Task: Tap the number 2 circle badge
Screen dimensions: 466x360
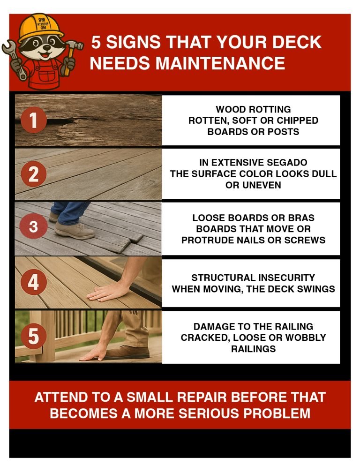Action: (x=33, y=174)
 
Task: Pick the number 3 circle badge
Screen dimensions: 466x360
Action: (x=33, y=227)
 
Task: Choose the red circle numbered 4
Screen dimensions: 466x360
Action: (x=33, y=283)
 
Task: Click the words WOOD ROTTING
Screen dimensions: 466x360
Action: (x=253, y=109)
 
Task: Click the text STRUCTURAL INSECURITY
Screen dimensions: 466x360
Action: (x=253, y=278)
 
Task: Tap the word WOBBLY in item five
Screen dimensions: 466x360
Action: (x=304, y=338)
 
